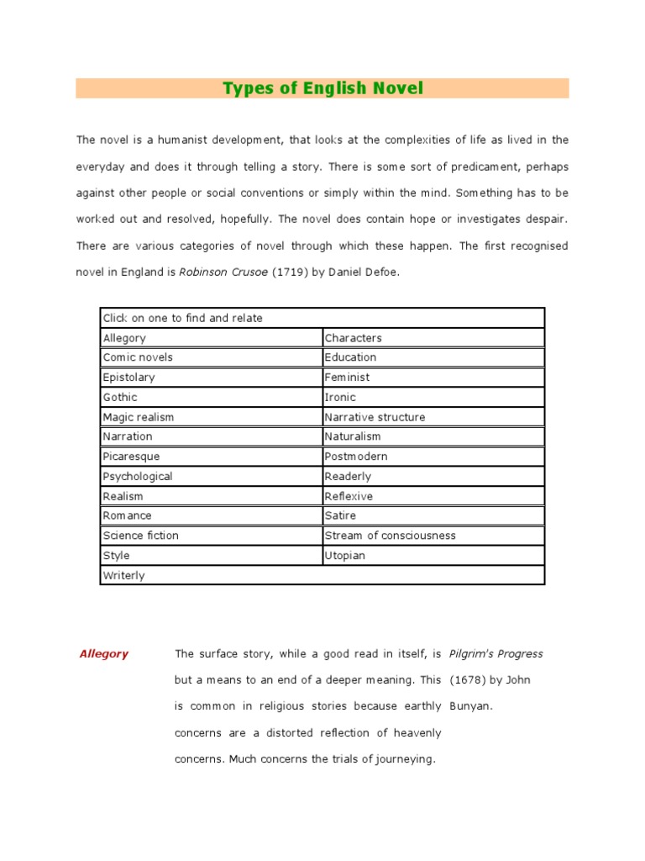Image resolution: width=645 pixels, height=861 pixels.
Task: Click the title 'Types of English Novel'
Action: click(x=322, y=88)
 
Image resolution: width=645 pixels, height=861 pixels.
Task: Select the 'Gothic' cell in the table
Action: click(x=120, y=397)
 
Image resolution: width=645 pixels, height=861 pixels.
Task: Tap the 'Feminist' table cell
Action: click(x=347, y=378)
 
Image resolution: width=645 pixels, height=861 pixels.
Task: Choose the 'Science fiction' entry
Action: click(x=140, y=536)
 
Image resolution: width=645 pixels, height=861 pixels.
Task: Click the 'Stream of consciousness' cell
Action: click(x=390, y=536)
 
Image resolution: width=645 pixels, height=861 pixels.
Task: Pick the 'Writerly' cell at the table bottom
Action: click(x=123, y=576)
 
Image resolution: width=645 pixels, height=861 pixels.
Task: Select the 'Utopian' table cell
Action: click(x=345, y=556)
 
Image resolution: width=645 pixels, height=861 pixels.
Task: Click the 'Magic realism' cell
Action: click(x=139, y=417)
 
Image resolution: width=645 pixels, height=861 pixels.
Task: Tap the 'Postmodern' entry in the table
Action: click(x=356, y=457)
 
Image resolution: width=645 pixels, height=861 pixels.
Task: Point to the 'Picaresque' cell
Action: click(x=131, y=457)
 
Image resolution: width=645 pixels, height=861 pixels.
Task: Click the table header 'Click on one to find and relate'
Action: click(x=182, y=318)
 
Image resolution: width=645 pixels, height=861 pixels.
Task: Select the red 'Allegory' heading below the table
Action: click(x=103, y=654)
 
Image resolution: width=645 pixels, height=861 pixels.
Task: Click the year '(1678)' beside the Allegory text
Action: click(x=467, y=680)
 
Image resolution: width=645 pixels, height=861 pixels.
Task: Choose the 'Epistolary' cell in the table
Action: click(x=128, y=378)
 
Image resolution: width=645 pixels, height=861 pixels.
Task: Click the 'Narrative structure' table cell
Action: click(x=375, y=417)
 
